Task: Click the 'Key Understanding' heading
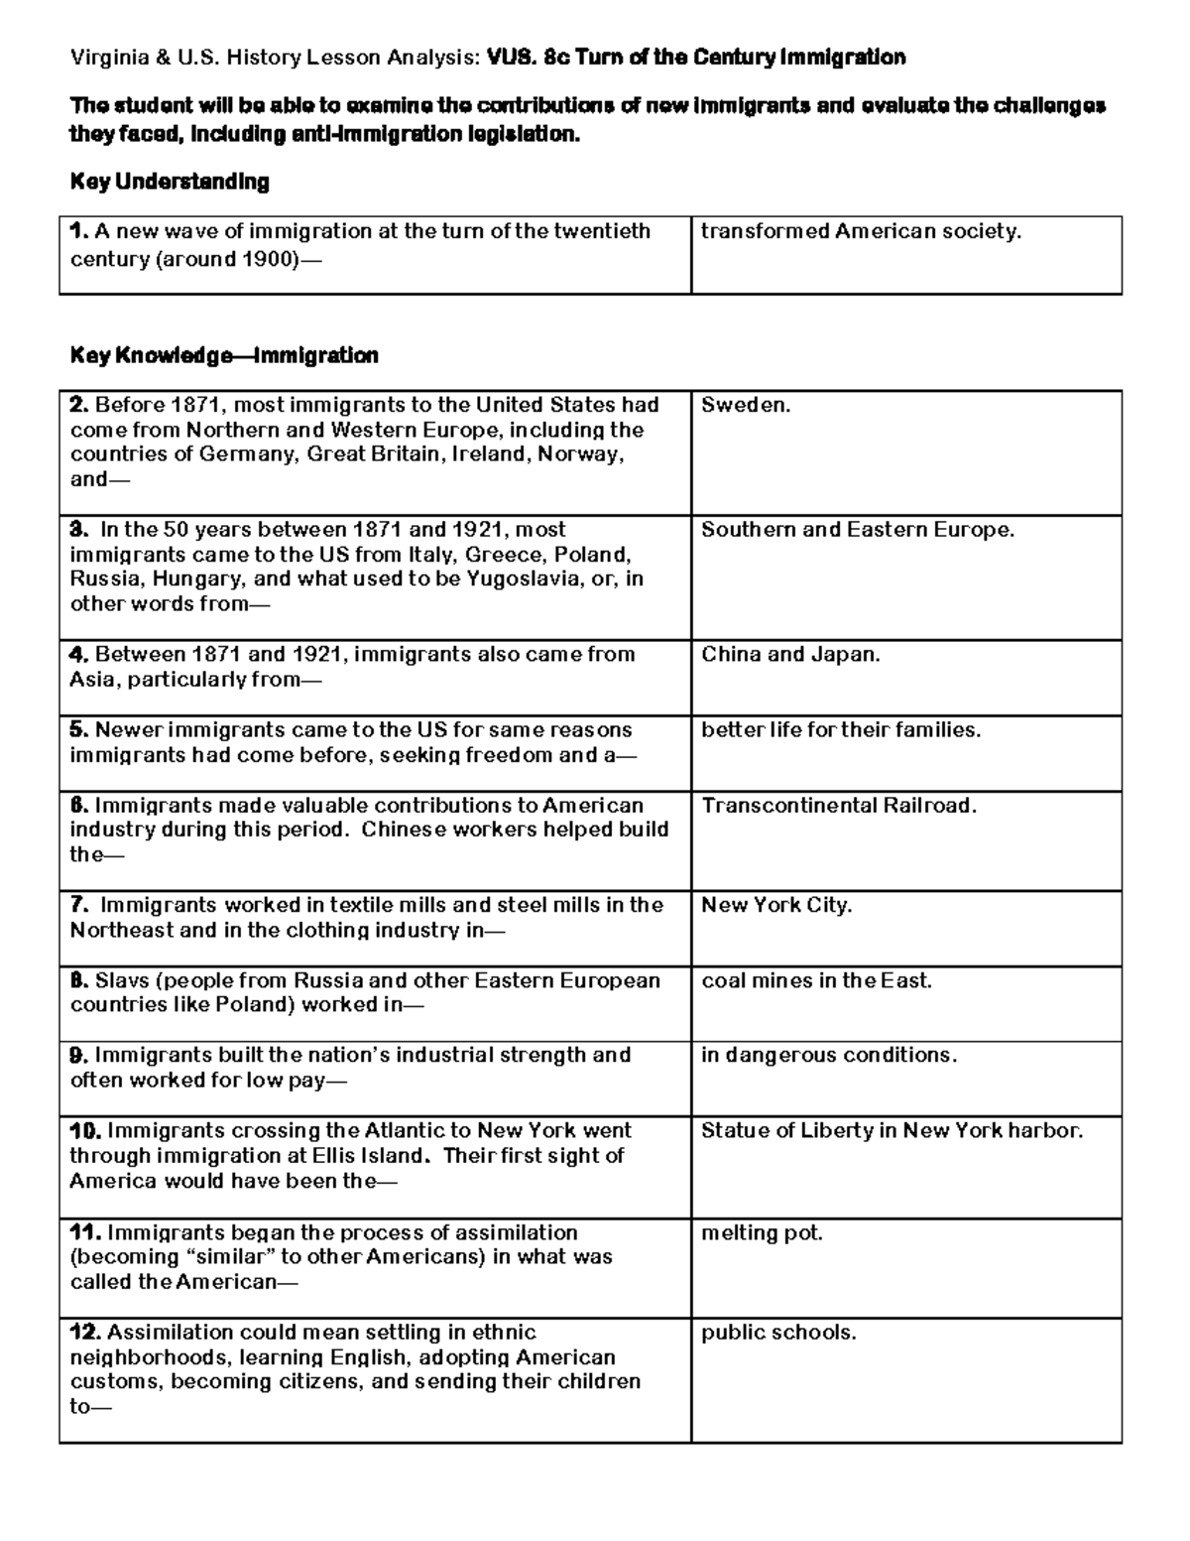(x=170, y=182)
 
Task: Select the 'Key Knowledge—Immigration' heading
(x=224, y=355)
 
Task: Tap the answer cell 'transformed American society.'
(x=861, y=231)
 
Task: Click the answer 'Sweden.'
(x=746, y=405)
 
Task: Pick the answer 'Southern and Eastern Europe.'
(x=858, y=530)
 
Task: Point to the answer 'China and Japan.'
(x=790, y=654)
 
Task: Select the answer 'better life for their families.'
(x=841, y=730)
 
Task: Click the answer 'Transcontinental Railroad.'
(x=839, y=806)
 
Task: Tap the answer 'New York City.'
(x=776, y=905)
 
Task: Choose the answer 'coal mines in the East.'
(x=816, y=980)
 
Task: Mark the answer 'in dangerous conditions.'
(x=829, y=1055)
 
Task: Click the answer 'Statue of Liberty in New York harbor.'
(x=892, y=1130)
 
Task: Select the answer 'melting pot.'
(x=762, y=1232)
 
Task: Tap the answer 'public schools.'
(x=778, y=1333)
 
